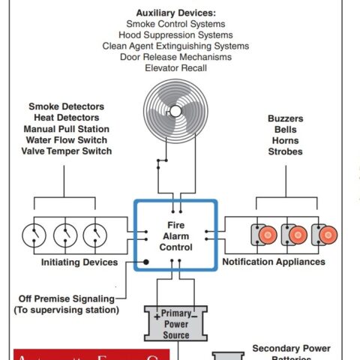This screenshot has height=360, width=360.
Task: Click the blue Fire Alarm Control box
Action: click(175, 235)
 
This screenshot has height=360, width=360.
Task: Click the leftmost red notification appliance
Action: click(264, 235)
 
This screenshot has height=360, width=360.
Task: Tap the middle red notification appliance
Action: click(295, 235)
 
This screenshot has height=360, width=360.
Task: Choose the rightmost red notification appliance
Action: click(325, 235)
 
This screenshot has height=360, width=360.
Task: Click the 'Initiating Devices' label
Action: click(79, 262)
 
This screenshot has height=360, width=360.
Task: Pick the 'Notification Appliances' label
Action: click(274, 262)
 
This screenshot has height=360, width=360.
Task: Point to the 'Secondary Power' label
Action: click(291, 348)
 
